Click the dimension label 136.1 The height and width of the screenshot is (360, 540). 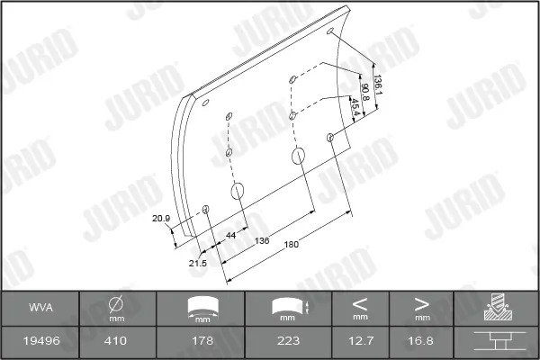(378, 85)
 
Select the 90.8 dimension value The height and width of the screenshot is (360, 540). (364, 92)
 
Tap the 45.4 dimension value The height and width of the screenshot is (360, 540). (355, 107)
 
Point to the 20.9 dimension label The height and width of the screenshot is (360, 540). (161, 219)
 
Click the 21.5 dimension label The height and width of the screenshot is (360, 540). (198, 264)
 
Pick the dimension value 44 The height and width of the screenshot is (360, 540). (230, 235)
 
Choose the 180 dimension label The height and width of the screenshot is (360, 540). (292, 245)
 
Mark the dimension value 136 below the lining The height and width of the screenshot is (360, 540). (262, 240)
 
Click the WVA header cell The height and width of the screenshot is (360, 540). (41, 307)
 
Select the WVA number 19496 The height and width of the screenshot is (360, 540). (41, 341)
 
